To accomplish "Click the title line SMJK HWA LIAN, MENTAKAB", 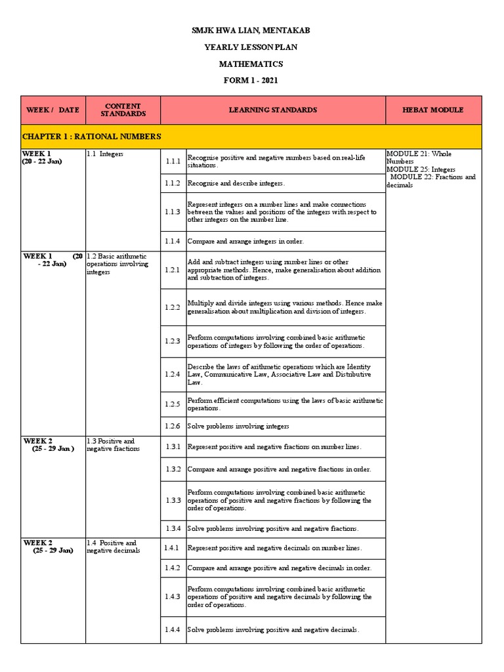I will point(251,30).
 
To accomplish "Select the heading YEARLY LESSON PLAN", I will point(251,47).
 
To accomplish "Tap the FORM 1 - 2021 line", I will point(251,81).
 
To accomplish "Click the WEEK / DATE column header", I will point(52,110).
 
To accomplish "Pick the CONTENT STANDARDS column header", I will point(123,110).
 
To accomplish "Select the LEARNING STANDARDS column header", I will point(272,110).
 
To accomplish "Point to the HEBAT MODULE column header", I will point(432,110).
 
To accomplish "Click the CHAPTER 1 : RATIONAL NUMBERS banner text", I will point(91,136).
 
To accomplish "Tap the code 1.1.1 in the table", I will point(173,161).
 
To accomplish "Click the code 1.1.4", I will point(173,241).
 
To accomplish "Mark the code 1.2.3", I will point(173,341).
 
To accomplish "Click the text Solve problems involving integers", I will point(238,426).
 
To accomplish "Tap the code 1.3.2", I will point(173,469).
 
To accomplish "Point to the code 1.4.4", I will point(173,630).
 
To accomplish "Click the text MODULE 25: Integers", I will point(421,169).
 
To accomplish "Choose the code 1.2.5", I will point(173,404).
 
